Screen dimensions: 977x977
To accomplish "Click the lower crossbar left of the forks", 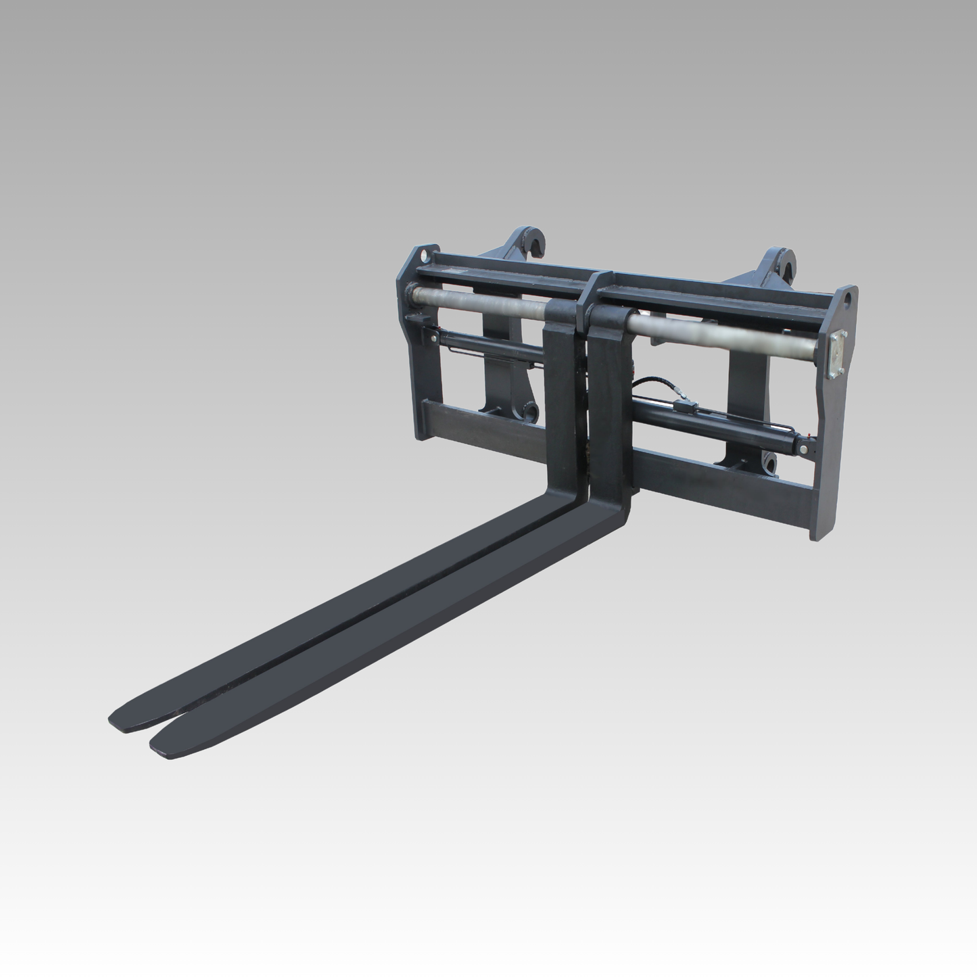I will coord(480,423).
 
